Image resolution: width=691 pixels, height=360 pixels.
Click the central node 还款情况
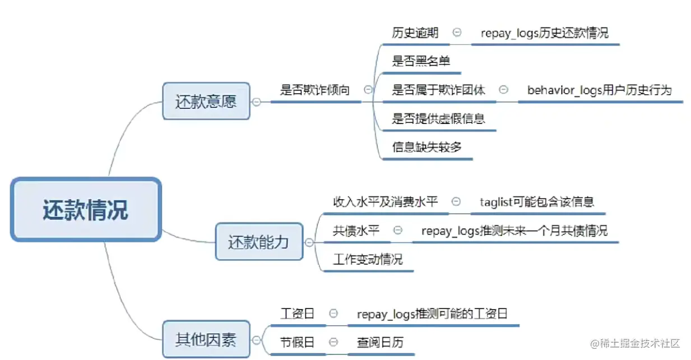click(86, 210)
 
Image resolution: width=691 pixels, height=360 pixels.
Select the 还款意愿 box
click(206, 101)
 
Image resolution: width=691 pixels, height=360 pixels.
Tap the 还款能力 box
click(258, 242)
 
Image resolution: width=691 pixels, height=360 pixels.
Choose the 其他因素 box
click(206, 339)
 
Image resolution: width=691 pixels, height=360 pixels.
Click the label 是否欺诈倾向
click(314, 90)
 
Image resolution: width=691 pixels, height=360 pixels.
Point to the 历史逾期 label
click(415, 33)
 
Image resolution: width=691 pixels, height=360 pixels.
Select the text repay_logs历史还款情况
click(544, 33)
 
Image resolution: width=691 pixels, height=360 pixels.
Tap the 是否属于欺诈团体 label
click(438, 90)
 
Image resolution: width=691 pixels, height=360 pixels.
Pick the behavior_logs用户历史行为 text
click(599, 90)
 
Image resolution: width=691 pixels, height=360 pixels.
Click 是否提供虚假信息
click(438, 118)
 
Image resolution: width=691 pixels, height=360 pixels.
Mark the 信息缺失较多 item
click(426, 147)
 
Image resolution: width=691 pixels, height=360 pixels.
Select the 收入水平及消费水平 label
click(385, 202)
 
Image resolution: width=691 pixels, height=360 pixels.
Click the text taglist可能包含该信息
click(537, 202)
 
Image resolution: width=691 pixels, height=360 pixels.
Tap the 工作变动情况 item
click(368, 260)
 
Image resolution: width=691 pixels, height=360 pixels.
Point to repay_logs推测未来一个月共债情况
click(514, 230)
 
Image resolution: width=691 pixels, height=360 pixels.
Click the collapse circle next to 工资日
click(333, 313)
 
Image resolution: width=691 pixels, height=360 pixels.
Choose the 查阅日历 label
click(380, 342)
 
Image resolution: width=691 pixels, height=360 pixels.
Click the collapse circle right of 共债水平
click(398, 230)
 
